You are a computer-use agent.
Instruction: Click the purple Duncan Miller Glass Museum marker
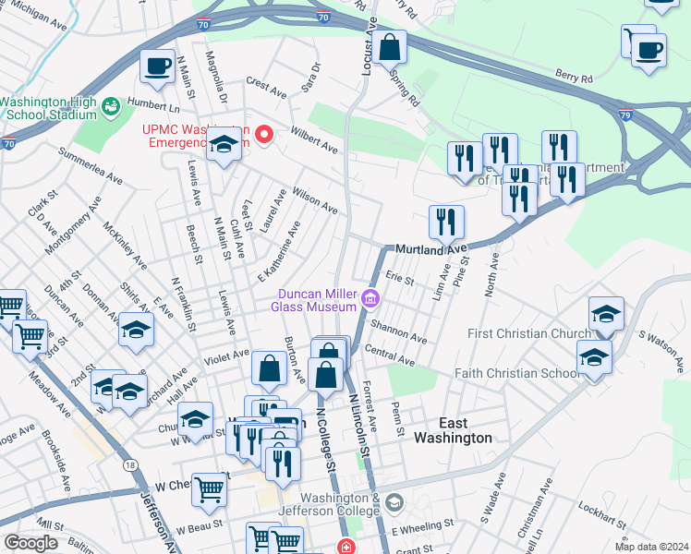coord(370,298)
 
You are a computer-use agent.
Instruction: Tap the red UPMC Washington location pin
coord(265,136)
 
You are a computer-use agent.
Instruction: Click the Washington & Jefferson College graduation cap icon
coord(394,503)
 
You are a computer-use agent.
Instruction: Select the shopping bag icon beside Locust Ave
coord(391,46)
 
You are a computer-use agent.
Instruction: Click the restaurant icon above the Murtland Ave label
coord(446,222)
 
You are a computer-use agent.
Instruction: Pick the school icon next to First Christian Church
coord(606,314)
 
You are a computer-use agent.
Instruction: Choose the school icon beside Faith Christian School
coord(594,356)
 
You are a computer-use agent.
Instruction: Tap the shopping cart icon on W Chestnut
coord(210,488)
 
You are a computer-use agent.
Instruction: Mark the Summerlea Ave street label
coord(91,164)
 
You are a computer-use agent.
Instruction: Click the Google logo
coord(30,543)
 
